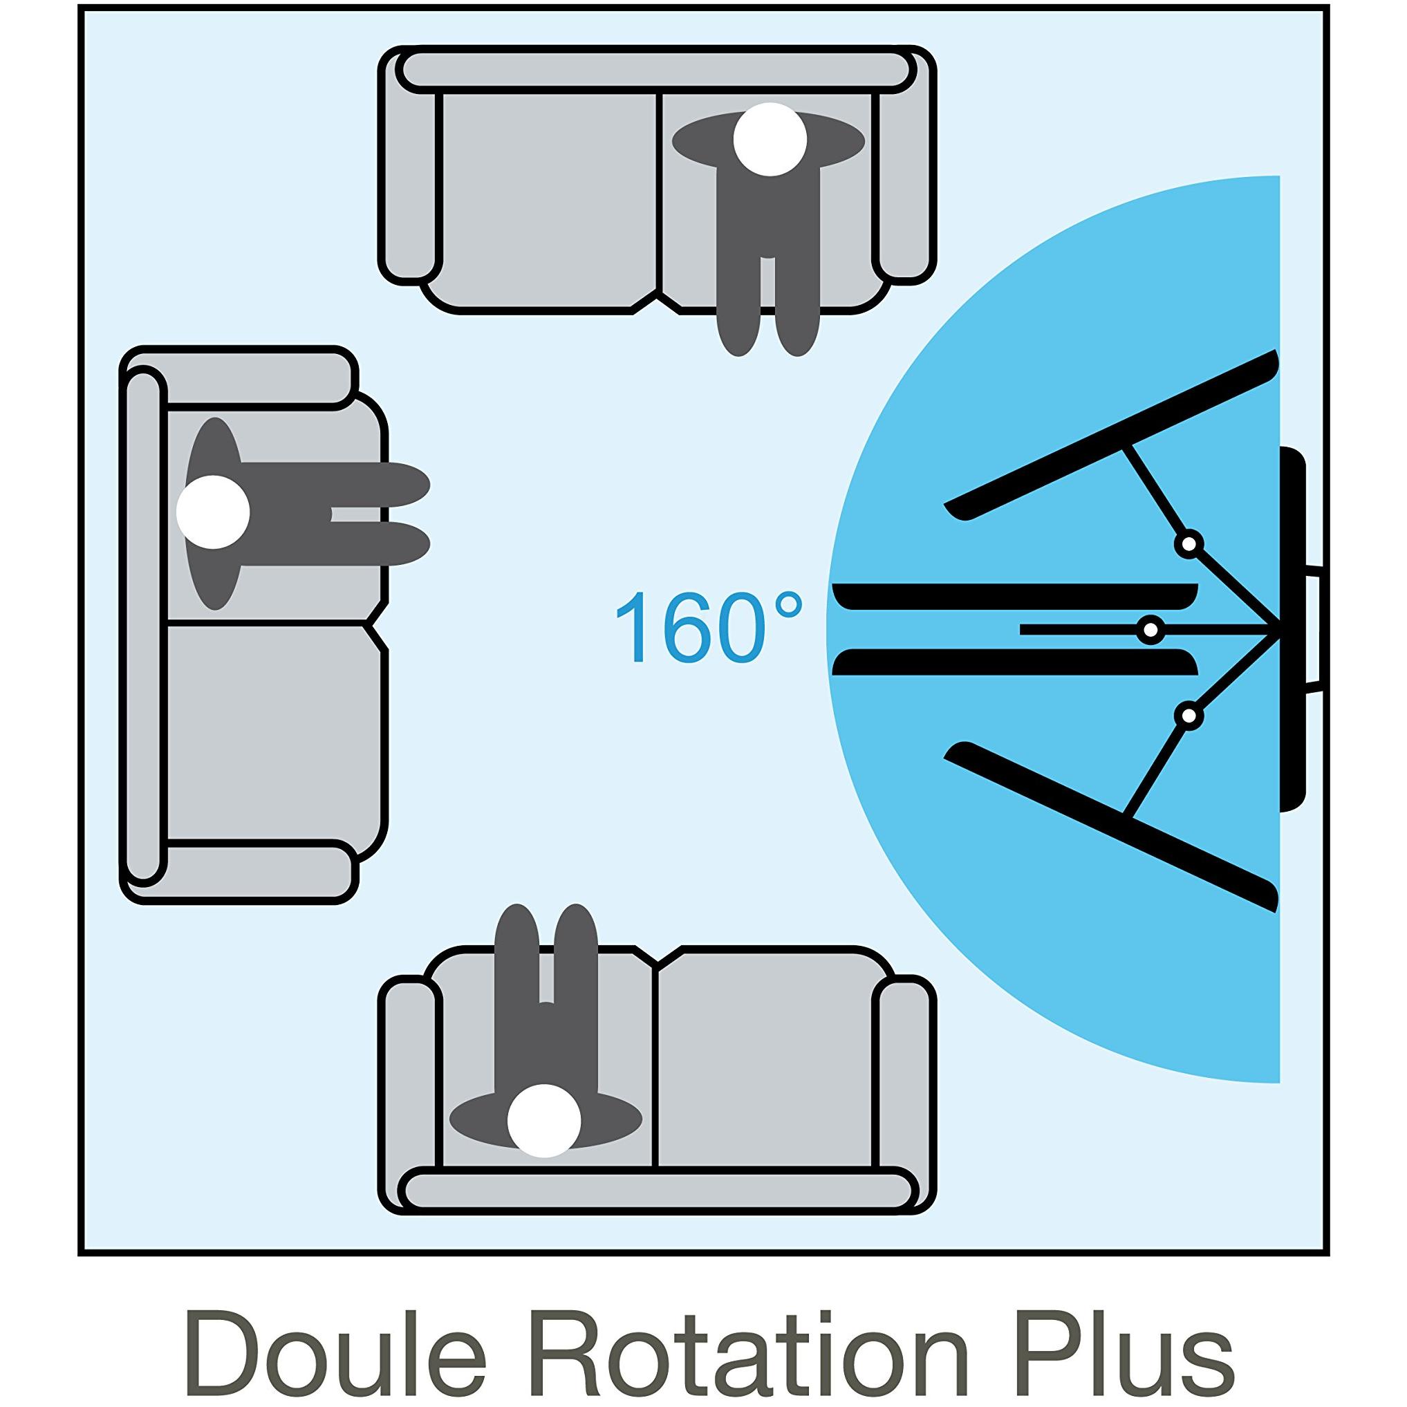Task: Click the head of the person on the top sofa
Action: tap(770, 139)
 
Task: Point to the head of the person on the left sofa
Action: tap(213, 512)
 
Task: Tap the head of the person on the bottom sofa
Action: tap(544, 1142)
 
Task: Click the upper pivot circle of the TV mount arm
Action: tap(1189, 543)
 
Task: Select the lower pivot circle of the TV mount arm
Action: tap(1189, 716)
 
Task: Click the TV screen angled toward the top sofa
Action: tap(1111, 435)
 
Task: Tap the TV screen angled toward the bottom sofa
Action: tap(1111, 826)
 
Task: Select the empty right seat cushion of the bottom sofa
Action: tap(767, 1070)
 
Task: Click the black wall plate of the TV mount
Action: tap(1292, 629)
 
